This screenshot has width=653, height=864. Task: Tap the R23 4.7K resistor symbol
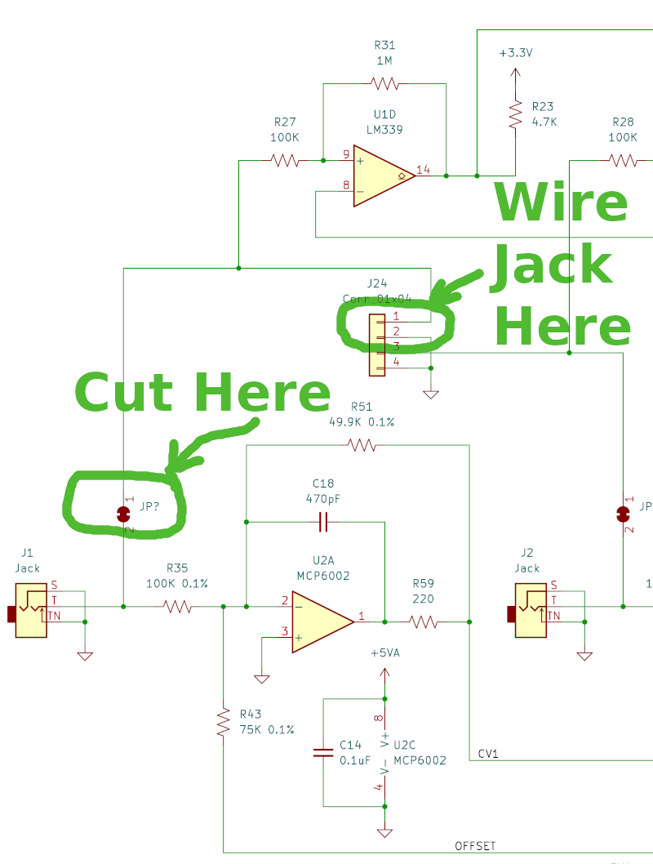tap(515, 114)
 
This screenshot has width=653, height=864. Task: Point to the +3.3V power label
tap(515, 53)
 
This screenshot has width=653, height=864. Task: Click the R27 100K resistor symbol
tap(286, 160)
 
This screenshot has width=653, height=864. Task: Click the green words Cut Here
tap(202, 393)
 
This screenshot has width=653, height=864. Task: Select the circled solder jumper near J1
tap(124, 514)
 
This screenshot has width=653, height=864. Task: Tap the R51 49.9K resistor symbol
tap(362, 445)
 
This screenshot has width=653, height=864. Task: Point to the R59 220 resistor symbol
tap(423, 622)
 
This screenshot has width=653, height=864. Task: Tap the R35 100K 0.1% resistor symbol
tap(177, 607)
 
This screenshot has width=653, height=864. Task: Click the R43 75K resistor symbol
tap(223, 723)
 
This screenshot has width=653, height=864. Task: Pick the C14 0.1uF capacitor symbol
tap(323, 752)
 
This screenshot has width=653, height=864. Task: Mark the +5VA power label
tap(385, 654)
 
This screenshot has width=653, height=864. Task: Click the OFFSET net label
tap(475, 846)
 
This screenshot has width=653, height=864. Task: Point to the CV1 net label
tap(487, 754)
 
